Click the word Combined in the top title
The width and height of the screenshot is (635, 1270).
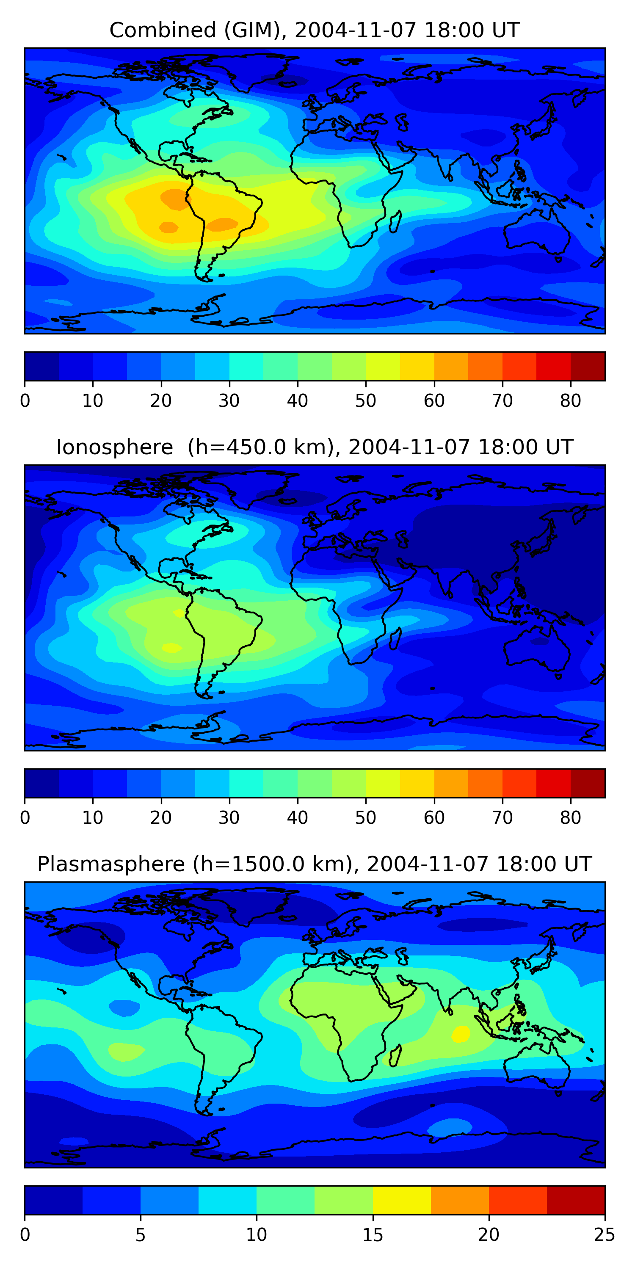coord(163,30)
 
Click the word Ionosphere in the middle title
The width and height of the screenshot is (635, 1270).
coord(114,447)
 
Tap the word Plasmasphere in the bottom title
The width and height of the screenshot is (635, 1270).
coord(111,865)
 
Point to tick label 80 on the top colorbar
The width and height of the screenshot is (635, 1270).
coord(570,401)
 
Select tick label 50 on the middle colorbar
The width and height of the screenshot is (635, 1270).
coord(366,818)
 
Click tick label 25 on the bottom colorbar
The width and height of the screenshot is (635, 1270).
coord(605,1235)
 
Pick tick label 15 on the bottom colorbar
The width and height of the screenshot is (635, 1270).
coord(373,1235)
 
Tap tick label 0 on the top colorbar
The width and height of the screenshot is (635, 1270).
coord(25,401)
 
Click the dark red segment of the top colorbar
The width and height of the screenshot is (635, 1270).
coord(588,366)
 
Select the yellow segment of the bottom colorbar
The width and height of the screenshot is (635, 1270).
coord(402,1200)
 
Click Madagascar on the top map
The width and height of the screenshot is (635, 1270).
coord(395,221)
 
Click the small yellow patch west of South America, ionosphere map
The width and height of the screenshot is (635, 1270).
coord(171,647)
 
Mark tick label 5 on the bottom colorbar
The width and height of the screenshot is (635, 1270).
coord(141,1235)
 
